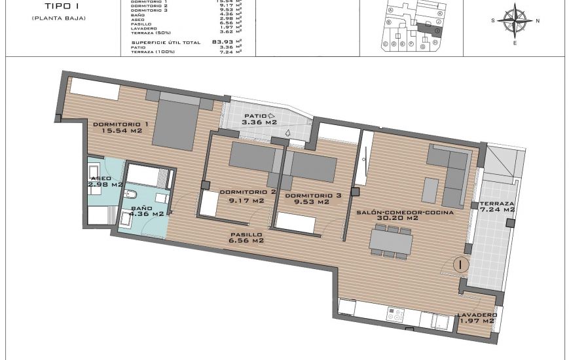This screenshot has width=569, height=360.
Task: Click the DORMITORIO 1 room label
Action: point(120,124)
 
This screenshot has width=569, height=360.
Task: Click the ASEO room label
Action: point(101,177)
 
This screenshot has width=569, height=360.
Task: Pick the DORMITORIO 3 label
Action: point(314,195)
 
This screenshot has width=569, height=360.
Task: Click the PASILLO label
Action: point(246,234)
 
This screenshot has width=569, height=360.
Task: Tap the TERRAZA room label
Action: point(497,204)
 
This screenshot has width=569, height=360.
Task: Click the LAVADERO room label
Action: point(477,314)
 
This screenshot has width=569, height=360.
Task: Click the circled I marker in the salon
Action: point(462,265)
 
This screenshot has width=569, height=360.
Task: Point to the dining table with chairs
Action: point(392,241)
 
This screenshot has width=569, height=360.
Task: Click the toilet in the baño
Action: point(130,194)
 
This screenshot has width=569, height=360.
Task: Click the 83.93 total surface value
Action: point(223,42)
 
